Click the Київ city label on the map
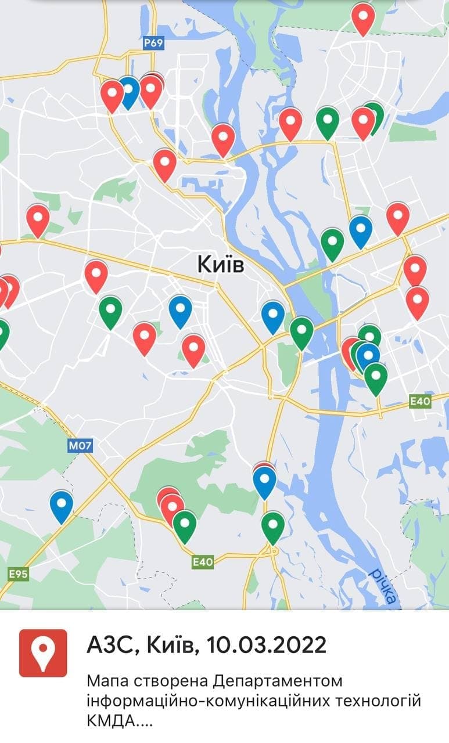point(221,265)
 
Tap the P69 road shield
point(154,43)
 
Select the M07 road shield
point(80,445)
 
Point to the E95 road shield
point(18,574)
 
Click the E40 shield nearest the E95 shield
point(203,561)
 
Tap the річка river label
point(383,587)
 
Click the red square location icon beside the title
point(43,653)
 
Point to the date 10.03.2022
point(264,644)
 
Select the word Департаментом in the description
point(276,680)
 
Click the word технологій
point(384,701)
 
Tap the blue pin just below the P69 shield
point(128,91)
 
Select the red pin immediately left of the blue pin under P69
point(112,94)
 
